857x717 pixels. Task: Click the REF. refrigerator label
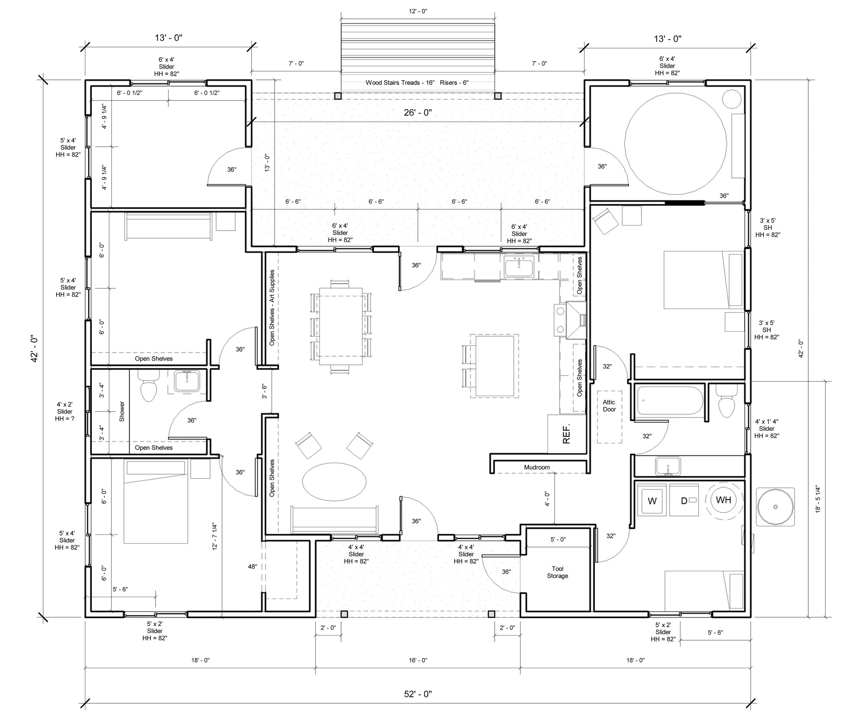click(x=566, y=434)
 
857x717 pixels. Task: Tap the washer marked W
click(x=652, y=501)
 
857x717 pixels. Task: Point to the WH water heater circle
click(x=723, y=499)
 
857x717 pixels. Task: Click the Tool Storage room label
click(x=557, y=572)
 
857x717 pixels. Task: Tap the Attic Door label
click(x=609, y=406)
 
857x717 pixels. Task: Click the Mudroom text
click(x=536, y=467)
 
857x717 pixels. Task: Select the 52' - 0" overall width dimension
click(x=418, y=694)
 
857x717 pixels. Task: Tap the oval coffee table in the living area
click(x=334, y=482)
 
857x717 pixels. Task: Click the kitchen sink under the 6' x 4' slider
click(x=519, y=268)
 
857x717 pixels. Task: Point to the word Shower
click(x=122, y=411)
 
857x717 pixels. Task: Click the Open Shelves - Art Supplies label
click(x=272, y=308)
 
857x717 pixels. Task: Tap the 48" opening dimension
click(x=253, y=567)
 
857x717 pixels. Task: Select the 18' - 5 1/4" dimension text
click(x=818, y=499)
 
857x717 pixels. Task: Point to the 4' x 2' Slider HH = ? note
click(x=65, y=411)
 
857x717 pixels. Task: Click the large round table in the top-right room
click(x=675, y=144)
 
